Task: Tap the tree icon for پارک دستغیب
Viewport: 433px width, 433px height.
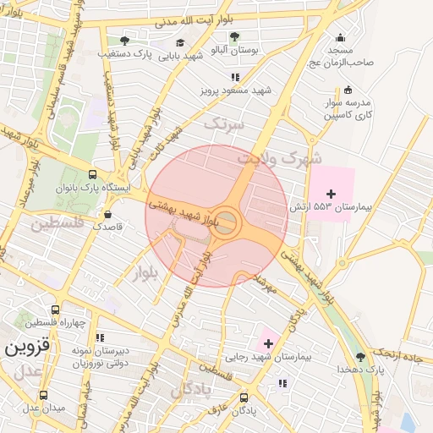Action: pyautogui.click(x=125, y=40)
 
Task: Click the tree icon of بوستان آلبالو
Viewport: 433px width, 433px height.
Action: pyautogui.click(x=234, y=36)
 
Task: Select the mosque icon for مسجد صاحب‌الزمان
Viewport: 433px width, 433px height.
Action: pyautogui.click(x=340, y=37)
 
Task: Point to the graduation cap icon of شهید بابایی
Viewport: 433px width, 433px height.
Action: pyautogui.click(x=179, y=42)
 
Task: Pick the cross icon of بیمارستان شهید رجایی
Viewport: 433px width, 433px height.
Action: pyautogui.click(x=268, y=343)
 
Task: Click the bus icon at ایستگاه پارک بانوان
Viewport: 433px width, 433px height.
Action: pyautogui.click(x=93, y=174)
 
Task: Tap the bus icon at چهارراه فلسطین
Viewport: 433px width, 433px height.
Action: pyautogui.click(x=55, y=310)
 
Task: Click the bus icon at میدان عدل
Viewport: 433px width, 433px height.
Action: pyautogui.click(x=45, y=395)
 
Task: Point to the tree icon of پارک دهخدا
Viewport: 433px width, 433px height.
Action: pyautogui.click(x=361, y=356)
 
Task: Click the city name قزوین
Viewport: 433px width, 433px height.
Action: pyautogui.click(x=27, y=347)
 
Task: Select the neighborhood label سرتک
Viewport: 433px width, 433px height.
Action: pyautogui.click(x=222, y=124)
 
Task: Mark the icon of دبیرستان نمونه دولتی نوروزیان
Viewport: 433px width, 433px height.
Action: pyautogui.click(x=100, y=337)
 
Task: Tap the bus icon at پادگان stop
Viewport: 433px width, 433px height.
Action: pyautogui.click(x=244, y=397)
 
